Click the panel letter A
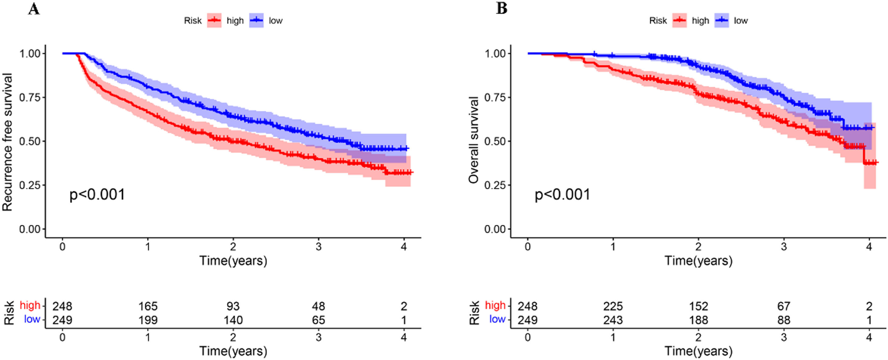point(34,9)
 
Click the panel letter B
point(502,8)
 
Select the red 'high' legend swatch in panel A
point(214,21)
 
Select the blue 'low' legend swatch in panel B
point(721,21)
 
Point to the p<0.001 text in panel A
point(97,195)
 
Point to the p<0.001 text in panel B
point(562,195)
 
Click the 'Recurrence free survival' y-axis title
point(8,142)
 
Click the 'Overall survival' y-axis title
point(474,140)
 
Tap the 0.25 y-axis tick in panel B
point(495,185)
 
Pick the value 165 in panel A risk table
point(148,306)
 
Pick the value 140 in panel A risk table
point(233,320)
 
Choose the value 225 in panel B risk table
point(613,306)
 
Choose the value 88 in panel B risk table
point(784,320)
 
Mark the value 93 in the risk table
point(233,306)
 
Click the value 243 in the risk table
point(613,320)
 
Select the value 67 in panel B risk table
point(784,306)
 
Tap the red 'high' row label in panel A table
point(30,305)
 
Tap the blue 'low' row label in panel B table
point(497,319)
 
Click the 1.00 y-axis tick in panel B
point(495,53)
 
